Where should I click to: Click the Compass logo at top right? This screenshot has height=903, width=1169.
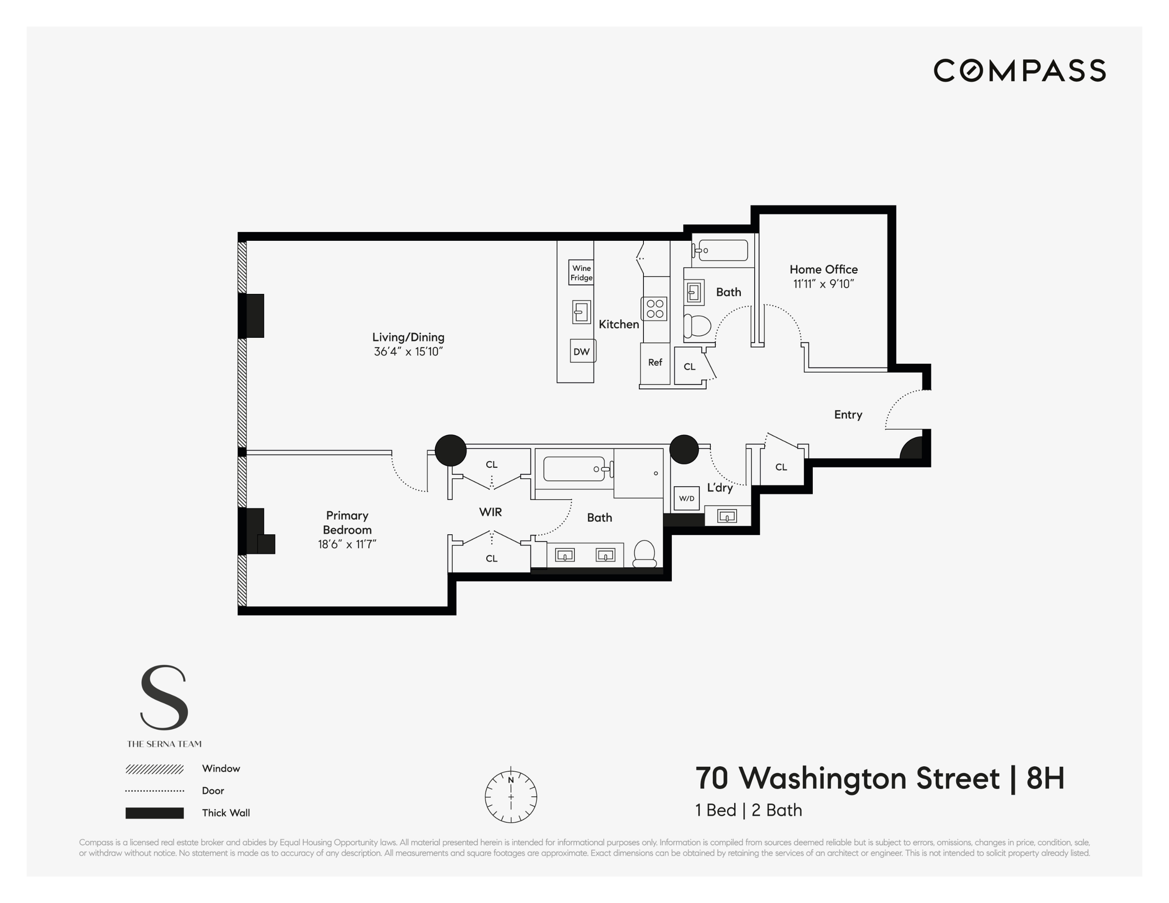point(1019,71)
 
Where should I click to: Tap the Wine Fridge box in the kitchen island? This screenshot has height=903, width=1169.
point(581,273)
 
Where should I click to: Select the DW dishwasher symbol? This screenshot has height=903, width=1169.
point(582,352)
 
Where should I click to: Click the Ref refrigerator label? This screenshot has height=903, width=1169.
point(655,362)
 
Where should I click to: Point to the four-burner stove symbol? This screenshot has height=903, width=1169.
point(655,309)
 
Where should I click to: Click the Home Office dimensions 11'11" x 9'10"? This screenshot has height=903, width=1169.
point(823,284)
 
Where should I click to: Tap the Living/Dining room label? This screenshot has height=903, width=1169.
point(408,337)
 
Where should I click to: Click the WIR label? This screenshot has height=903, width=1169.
point(490,512)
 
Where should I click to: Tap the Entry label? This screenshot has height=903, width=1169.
point(848,414)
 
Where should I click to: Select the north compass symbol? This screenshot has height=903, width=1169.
point(510,796)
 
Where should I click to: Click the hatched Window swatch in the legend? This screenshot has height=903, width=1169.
point(155,769)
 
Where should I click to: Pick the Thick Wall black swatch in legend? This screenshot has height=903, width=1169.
point(155,813)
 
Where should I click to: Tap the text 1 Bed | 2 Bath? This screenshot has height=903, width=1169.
point(748,810)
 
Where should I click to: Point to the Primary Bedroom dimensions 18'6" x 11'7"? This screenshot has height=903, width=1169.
point(347,544)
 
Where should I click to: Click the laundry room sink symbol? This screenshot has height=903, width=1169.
point(726,516)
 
